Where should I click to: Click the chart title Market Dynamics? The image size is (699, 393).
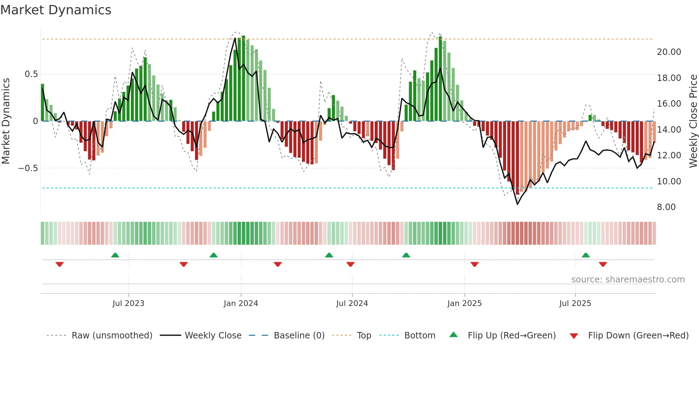[56, 10]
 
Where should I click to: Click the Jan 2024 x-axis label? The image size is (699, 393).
[241, 303]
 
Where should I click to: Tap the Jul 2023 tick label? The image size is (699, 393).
[128, 303]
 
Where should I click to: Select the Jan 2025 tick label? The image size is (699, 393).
[464, 303]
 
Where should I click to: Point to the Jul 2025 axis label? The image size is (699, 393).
[575, 303]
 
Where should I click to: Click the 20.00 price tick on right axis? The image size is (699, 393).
[669, 52]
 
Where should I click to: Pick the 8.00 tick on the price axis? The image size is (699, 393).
[666, 207]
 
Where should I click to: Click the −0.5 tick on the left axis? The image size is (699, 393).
[28, 168]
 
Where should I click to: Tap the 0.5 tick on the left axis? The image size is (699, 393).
[31, 74]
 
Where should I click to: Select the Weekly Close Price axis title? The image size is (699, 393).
[693, 121]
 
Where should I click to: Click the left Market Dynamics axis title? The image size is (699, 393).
[6, 121]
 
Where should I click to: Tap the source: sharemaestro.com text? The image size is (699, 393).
[628, 280]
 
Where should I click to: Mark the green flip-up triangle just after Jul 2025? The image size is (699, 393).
[586, 255]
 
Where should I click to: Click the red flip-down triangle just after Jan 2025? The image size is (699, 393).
[474, 264]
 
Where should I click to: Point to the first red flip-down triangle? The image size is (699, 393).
[60, 264]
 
